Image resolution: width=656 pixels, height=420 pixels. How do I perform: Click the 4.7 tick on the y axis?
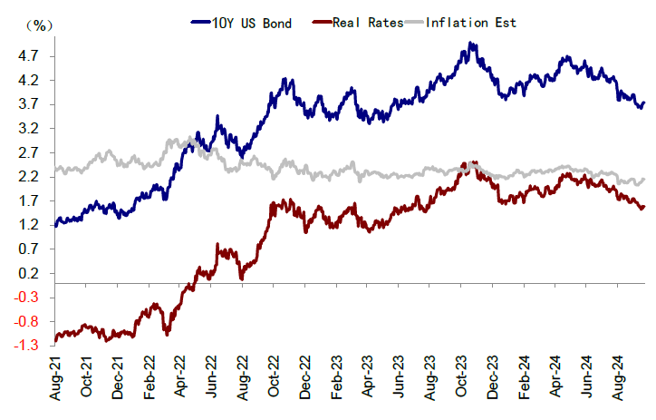tap(28, 56)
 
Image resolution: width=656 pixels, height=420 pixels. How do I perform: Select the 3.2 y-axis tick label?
tap(28, 129)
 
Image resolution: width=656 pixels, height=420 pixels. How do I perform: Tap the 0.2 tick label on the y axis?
tap(28, 273)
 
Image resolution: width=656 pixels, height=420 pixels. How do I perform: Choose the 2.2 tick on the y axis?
tap(28, 177)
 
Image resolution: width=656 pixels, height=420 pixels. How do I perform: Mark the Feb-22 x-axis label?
tap(150, 380)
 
